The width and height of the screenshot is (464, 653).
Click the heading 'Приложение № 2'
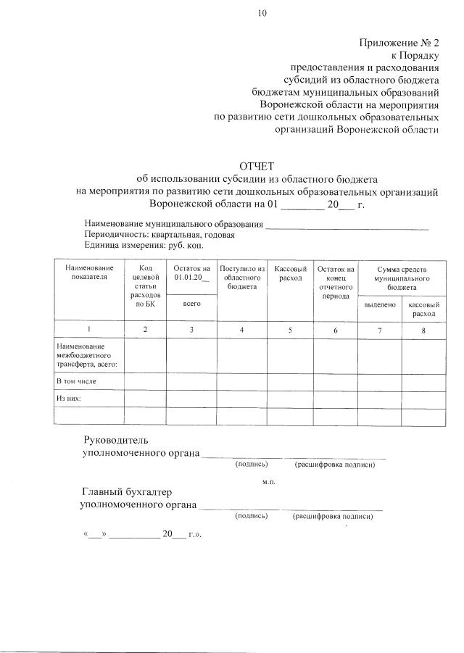click(x=399, y=43)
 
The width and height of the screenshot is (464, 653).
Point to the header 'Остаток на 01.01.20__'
click(x=192, y=273)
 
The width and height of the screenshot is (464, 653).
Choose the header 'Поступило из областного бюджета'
click(x=242, y=278)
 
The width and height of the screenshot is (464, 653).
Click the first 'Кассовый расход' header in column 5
click(x=290, y=273)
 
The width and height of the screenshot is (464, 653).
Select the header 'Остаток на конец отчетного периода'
click(x=334, y=282)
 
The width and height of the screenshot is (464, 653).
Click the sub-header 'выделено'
click(x=379, y=306)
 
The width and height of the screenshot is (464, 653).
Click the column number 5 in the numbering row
click(x=290, y=330)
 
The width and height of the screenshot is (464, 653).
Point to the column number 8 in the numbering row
click(x=423, y=330)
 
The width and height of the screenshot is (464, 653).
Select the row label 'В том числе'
click(x=77, y=380)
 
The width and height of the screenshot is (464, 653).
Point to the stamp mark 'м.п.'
click(x=268, y=481)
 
